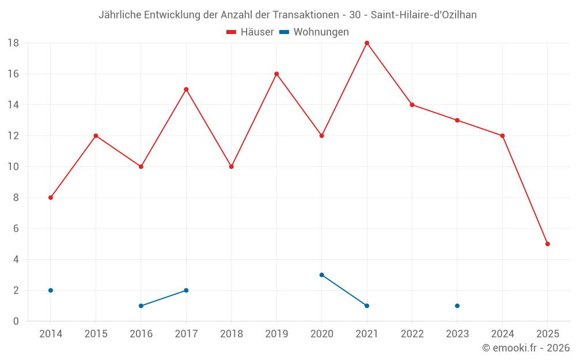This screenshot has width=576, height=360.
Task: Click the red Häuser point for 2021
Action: click(367, 43)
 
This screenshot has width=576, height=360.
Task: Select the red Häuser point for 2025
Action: click(547, 244)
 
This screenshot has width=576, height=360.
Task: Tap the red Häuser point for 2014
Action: click(51, 198)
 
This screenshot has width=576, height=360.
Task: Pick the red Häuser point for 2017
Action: click(186, 89)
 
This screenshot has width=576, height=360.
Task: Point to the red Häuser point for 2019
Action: click(276, 74)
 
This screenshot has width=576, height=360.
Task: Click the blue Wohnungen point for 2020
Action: click(321, 275)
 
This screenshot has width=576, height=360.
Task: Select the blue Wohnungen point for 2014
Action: click(51, 290)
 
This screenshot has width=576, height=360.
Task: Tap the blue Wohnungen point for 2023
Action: click(457, 306)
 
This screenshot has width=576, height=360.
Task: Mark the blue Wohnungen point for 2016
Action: click(141, 306)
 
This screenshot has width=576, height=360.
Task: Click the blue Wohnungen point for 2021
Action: click(367, 306)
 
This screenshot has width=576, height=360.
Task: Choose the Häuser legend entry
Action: click(250, 32)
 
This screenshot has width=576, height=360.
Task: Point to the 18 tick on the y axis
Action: click(13, 43)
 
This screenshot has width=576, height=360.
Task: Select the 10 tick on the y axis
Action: click(13, 167)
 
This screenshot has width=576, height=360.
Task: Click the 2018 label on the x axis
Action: click(231, 334)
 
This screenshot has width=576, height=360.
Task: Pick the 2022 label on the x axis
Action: click(412, 334)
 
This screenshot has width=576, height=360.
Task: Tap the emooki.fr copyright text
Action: click(526, 348)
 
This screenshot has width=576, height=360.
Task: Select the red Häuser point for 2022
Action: click(412, 105)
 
